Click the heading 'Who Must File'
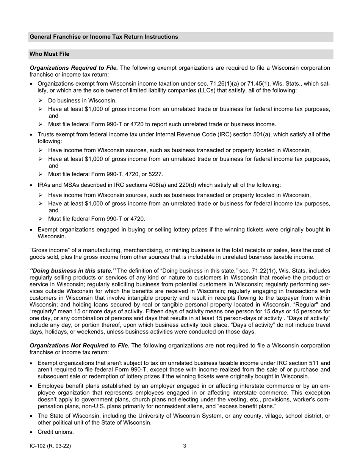49,54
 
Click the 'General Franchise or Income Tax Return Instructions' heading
103,37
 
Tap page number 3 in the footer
185,446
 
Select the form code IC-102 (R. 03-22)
50,446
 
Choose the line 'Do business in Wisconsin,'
82,101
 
